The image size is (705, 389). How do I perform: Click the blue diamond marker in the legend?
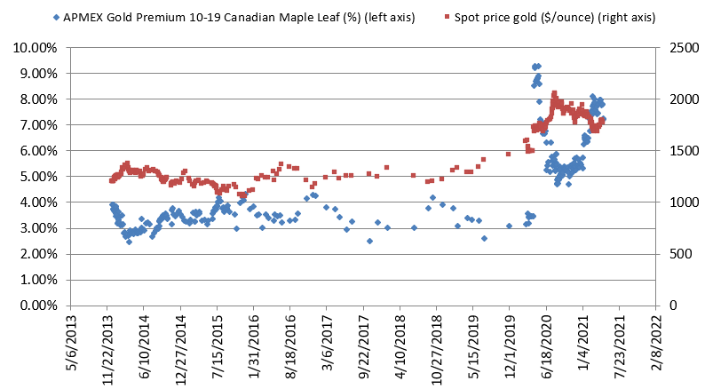point(57,17)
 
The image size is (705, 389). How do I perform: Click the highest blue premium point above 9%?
point(535,66)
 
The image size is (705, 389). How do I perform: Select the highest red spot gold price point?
point(554,92)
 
